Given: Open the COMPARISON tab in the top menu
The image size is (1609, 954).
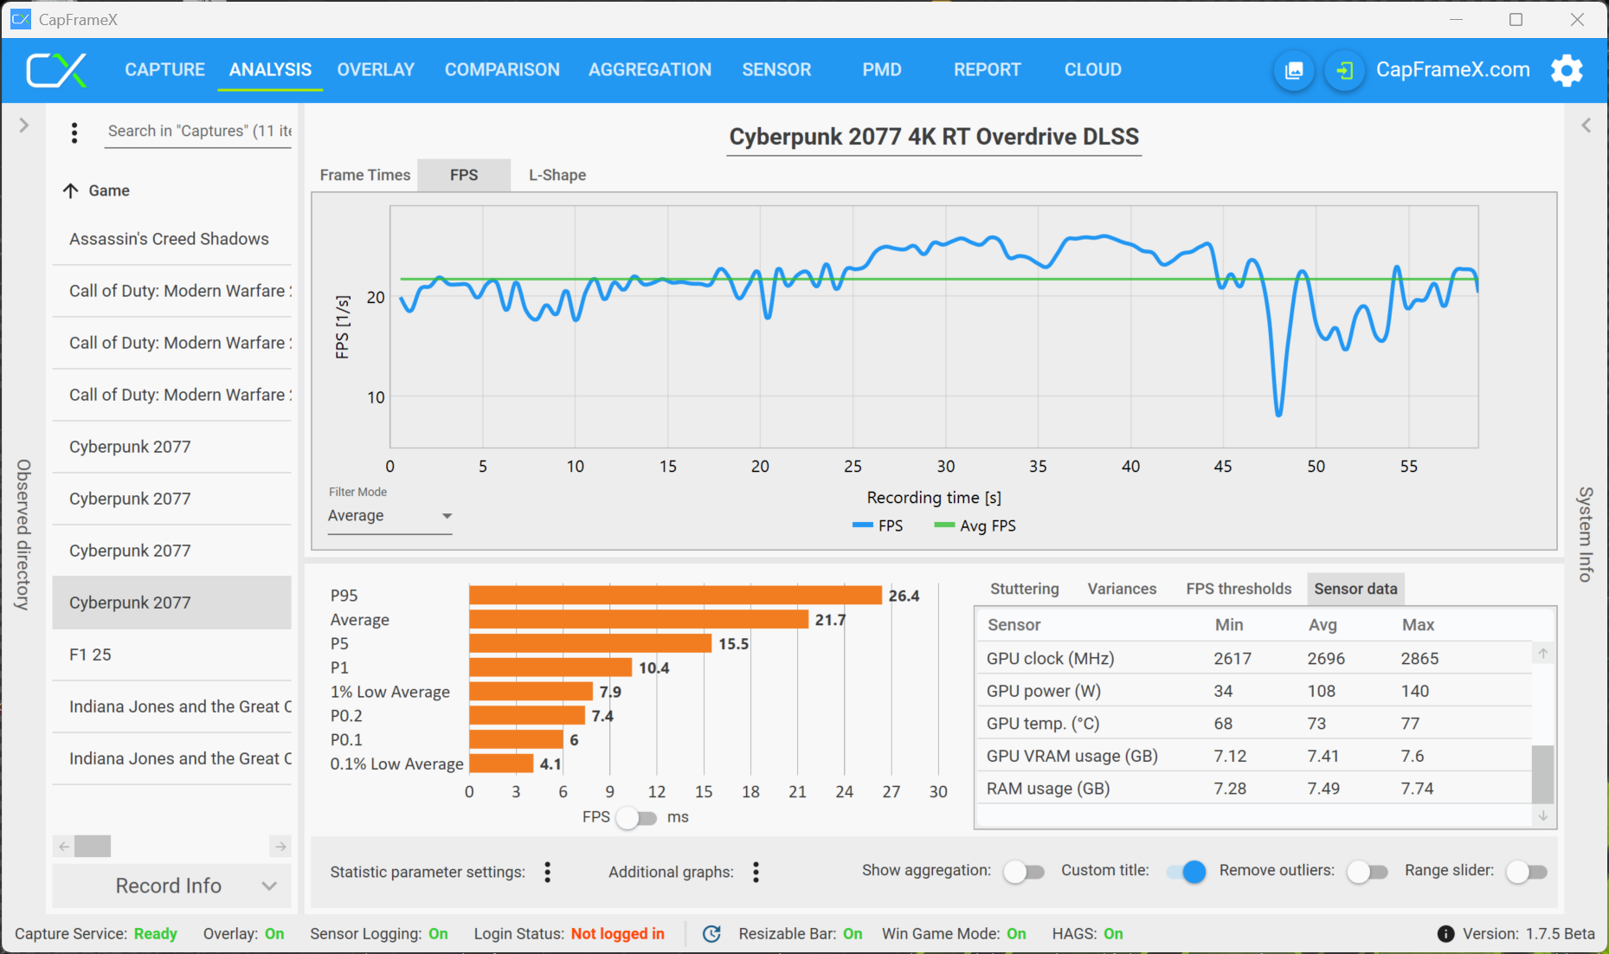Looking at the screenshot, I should click(502, 70).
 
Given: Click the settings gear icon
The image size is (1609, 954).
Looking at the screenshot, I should click(1567, 70).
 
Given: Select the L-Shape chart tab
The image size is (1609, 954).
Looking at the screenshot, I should click(557, 175).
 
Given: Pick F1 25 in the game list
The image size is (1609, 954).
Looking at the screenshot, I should click(90, 654).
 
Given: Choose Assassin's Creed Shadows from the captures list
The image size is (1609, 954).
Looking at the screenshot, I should click(169, 239).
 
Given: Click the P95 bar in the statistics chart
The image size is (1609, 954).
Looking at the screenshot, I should click(675, 596).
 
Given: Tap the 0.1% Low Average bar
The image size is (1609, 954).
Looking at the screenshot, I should click(501, 764).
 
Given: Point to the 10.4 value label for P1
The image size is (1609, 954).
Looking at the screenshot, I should click(654, 667).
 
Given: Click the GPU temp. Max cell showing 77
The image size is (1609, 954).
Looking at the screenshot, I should click(1411, 724).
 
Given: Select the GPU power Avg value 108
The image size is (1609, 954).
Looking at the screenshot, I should click(1322, 691).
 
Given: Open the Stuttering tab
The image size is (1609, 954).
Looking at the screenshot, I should click(1024, 589).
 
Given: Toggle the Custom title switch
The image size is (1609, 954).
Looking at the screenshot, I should click(1187, 872).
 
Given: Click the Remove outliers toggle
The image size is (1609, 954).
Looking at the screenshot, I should click(1367, 872).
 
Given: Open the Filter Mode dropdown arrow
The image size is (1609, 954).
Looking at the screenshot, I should click(447, 516).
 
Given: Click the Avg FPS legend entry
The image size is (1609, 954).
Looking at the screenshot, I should click(975, 525).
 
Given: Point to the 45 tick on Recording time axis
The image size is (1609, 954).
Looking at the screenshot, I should click(1223, 467).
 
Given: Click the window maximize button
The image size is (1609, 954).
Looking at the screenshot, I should click(1516, 19).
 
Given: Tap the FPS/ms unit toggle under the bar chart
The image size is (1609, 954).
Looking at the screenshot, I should click(636, 817).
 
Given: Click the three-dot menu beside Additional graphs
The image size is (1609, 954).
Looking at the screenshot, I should click(756, 872).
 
